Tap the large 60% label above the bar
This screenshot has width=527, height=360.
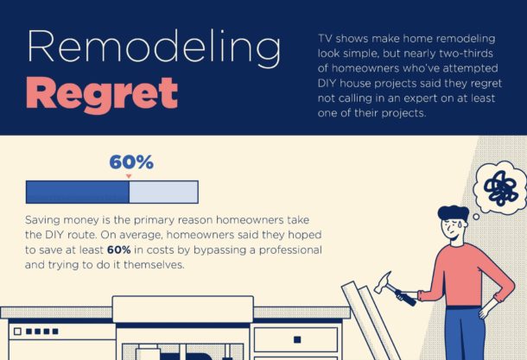[x=131, y=162]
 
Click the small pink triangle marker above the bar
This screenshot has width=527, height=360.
[x=129, y=176]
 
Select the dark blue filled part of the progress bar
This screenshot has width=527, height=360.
[x=78, y=193]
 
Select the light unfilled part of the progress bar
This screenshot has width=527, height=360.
[x=163, y=193]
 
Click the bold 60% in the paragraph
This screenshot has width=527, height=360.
[x=118, y=249]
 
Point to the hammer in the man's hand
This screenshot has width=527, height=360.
[x=395, y=289]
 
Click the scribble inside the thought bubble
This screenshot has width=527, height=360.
[x=499, y=188]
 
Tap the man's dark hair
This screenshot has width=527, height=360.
[x=454, y=213]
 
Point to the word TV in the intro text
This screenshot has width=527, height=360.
[x=325, y=39]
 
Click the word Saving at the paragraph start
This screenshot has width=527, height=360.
[x=42, y=221]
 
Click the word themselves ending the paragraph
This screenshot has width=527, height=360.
[x=155, y=265]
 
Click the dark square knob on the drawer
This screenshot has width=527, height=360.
[x=297, y=339]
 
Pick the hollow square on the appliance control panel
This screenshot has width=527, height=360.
[x=17, y=332]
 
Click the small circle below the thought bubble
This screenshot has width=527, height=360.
[x=476, y=217]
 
